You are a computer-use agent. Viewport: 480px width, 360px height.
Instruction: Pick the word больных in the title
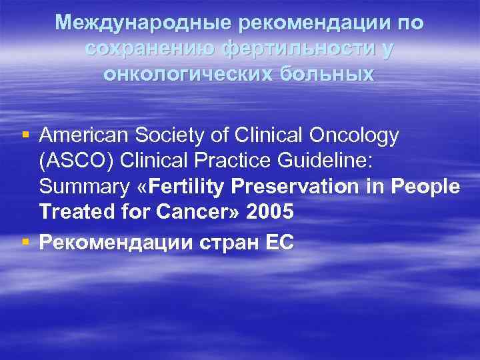(326, 73)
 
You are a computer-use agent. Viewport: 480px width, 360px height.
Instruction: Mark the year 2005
(270, 213)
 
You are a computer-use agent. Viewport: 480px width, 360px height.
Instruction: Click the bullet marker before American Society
(25, 136)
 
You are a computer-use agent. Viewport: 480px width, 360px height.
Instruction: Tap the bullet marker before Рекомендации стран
(25, 242)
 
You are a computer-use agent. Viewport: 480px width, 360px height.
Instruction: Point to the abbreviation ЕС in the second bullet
(279, 243)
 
